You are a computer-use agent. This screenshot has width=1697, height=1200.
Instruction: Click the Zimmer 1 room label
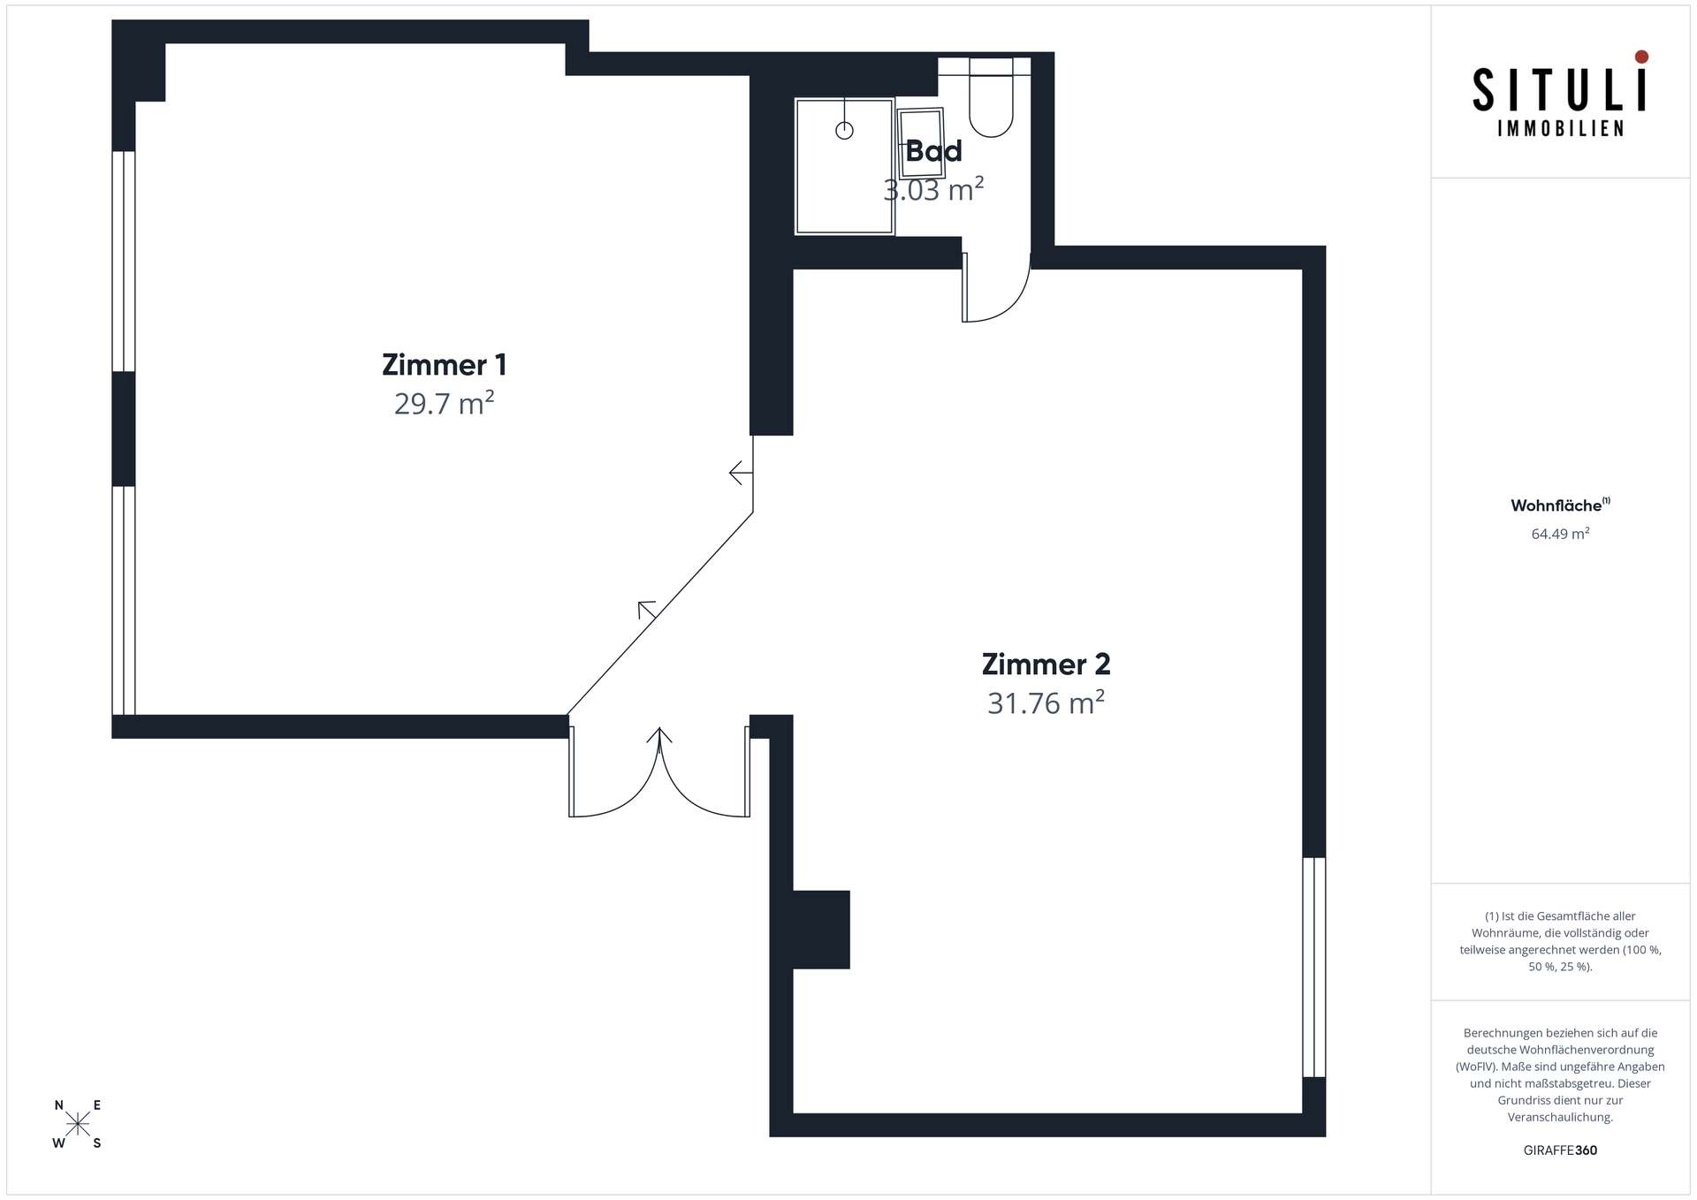pyautogui.click(x=444, y=365)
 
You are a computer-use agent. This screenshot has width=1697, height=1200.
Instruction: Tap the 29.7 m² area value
pyautogui.click(x=444, y=403)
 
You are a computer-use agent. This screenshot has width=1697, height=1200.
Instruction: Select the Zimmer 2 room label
pyautogui.click(x=1046, y=665)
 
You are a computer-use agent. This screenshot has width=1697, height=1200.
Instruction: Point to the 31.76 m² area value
pyautogui.click(x=1046, y=703)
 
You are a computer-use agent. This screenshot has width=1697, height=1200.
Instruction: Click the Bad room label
pyautogui.click(x=933, y=151)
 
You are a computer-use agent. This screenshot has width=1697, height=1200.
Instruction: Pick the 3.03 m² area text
pyautogui.click(x=933, y=189)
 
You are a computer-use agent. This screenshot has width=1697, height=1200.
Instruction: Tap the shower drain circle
pyautogui.click(x=844, y=131)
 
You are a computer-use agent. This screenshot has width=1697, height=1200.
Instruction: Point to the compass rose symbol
pyautogui.click(x=78, y=1124)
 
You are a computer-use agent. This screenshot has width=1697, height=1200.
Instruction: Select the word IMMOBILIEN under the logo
pyautogui.click(x=1560, y=129)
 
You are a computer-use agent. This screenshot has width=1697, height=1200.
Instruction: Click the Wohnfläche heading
pyautogui.click(x=1556, y=505)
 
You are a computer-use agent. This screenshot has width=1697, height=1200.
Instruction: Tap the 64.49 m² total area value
pyautogui.click(x=1560, y=534)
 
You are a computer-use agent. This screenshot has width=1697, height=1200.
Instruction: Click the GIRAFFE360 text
pyautogui.click(x=1560, y=1151)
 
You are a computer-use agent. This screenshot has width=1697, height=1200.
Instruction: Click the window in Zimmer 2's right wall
pyautogui.click(x=1314, y=967)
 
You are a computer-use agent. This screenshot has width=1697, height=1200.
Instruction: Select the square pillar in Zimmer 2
pyautogui.click(x=821, y=930)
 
